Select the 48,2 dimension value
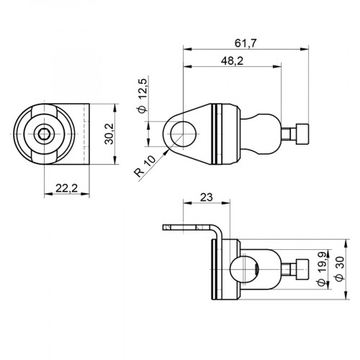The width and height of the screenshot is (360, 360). click(231, 63)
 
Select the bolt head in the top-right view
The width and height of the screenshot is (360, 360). click(302, 133)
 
